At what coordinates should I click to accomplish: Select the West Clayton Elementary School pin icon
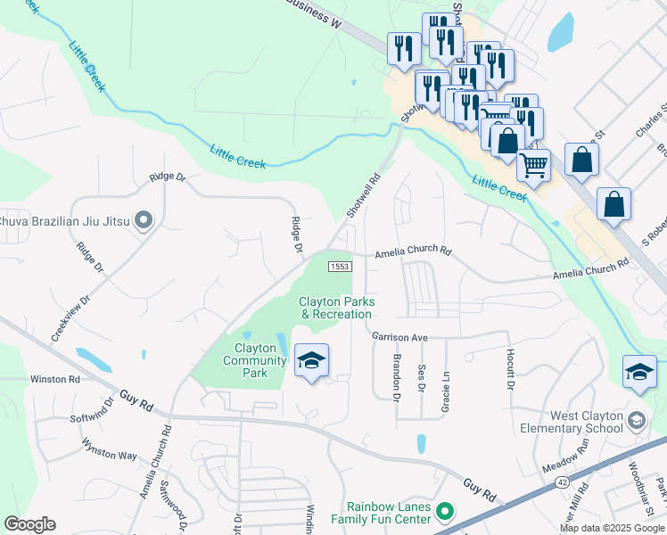coord(636,420)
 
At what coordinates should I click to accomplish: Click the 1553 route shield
coord(339,267)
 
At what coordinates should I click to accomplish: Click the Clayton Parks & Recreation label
coord(336,308)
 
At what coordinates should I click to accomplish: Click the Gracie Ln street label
coord(445,392)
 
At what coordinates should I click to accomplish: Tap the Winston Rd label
coord(55,379)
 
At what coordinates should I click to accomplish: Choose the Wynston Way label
coord(109,449)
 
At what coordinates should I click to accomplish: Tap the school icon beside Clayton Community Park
coord(310,362)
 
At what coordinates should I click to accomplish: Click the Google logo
coord(29,524)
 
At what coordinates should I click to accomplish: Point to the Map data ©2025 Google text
coord(612,528)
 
